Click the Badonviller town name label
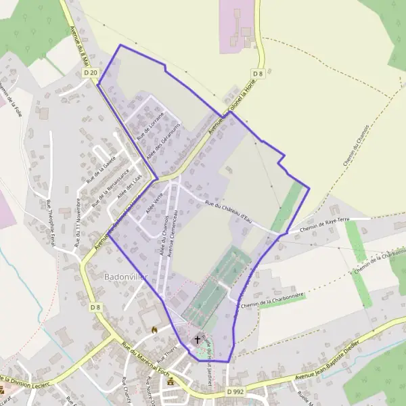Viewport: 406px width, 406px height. pos(124,277)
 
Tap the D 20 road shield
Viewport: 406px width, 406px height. pos(91,72)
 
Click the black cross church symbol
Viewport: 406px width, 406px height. pos(198,338)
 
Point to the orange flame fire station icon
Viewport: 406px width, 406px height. pos(154,330)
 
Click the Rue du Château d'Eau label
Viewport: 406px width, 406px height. pos(227,207)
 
